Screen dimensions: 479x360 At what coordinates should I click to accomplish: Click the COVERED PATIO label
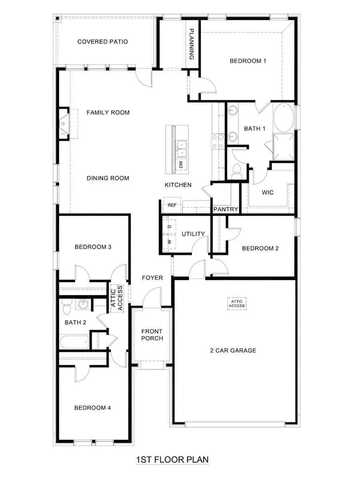(x=102, y=42)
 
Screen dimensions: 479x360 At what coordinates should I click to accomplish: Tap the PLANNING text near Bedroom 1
(x=192, y=44)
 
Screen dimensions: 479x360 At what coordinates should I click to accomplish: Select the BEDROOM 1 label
(x=248, y=61)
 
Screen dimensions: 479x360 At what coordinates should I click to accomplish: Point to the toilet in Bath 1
(x=236, y=170)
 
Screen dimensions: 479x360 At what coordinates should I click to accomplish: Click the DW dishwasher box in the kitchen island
(x=181, y=164)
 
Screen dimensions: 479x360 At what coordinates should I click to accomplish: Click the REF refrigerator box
(x=172, y=205)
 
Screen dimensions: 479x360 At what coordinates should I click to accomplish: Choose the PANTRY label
(x=226, y=209)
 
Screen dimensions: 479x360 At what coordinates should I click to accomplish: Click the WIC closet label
(x=268, y=192)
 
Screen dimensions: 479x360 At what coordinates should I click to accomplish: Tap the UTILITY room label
(x=193, y=234)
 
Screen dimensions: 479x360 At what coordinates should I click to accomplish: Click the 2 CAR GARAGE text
(x=233, y=351)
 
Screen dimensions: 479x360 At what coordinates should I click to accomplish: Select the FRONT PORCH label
(x=152, y=335)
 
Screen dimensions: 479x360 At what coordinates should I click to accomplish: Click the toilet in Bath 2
(x=67, y=307)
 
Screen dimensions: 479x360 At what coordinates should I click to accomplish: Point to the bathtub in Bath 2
(x=74, y=343)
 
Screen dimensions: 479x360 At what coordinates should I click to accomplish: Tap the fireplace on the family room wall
(x=64, y=124)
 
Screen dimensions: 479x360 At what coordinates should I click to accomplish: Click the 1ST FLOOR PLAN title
(x=172, y=459)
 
